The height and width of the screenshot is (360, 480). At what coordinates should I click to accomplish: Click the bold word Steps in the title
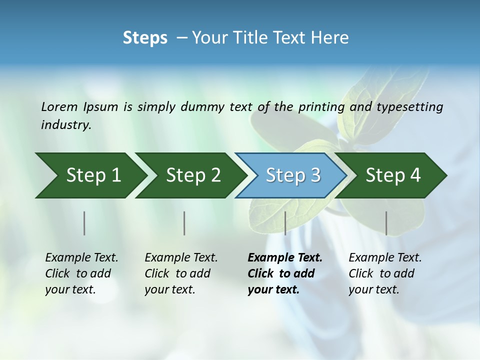point(145,38)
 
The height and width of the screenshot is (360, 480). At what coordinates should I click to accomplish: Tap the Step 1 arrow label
point(93,175)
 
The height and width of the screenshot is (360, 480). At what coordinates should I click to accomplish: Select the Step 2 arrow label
point(193,175)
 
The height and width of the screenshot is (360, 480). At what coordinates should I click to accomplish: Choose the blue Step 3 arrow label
point(293,175)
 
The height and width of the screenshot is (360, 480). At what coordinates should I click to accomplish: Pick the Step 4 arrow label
point(393,175)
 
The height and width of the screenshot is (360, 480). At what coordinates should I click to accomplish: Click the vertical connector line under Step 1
point(84,223)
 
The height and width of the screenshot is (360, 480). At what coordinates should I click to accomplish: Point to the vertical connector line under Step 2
point(184,223)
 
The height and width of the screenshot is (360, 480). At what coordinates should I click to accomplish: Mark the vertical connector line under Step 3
point(285,223)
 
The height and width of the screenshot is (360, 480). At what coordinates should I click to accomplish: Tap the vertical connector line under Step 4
point(386,223)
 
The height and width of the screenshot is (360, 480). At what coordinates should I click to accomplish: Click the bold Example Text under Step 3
point(285,273)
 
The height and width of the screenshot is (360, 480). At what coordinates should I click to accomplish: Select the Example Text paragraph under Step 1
point(81,273)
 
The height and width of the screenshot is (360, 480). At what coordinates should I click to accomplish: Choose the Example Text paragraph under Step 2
point(181,273)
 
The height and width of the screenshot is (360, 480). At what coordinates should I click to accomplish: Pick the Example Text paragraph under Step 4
point(385,273)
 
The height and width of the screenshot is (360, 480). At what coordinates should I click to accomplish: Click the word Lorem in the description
point(59,107)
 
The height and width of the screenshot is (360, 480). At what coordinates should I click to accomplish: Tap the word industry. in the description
point(66,125)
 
